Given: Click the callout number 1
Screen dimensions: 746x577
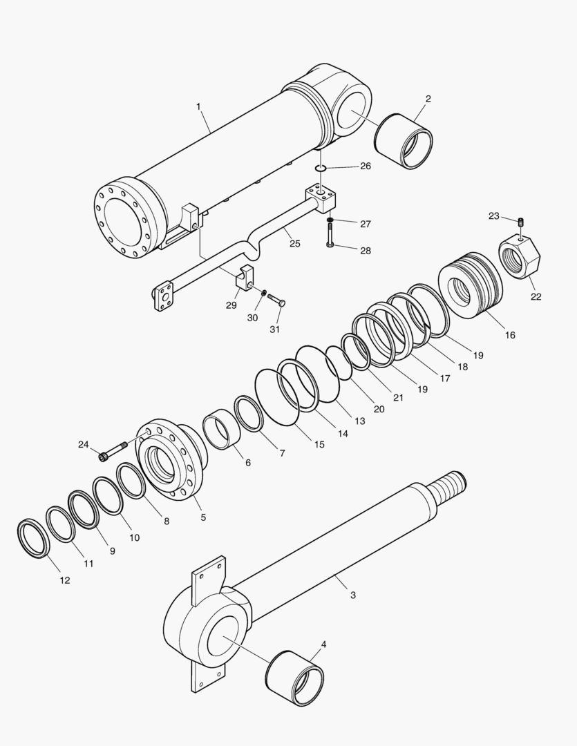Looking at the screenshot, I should coord(199,106).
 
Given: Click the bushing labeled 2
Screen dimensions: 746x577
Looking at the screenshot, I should coord(404,141).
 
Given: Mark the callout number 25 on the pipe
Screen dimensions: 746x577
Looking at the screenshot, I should coord(294,244).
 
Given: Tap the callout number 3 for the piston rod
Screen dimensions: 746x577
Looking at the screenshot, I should coord(353,595).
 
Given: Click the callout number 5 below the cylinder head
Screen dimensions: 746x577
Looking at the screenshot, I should coord(203,517).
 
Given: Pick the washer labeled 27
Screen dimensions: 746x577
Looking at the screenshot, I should coord(331,221).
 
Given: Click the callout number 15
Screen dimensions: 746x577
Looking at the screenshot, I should coord(319,445).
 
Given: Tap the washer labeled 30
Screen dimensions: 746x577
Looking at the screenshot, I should coord(263,295).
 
